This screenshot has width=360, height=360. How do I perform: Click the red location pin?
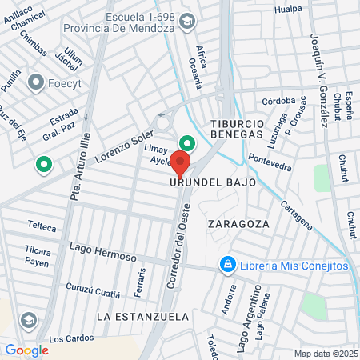coord(181,164)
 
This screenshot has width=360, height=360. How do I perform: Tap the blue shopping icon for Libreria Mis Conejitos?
coord(228,264)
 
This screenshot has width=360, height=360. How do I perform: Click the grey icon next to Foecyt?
coord(35,82)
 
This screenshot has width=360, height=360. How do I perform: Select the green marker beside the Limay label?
coord(187,143)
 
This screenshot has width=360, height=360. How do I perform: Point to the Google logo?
coord(26,350)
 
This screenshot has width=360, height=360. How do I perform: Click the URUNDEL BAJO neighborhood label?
coord(213,182)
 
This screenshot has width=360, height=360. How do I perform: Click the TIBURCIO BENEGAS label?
coord(237,129)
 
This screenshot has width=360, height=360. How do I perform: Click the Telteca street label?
coord(42,227)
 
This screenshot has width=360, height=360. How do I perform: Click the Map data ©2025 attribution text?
coord(326,353)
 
